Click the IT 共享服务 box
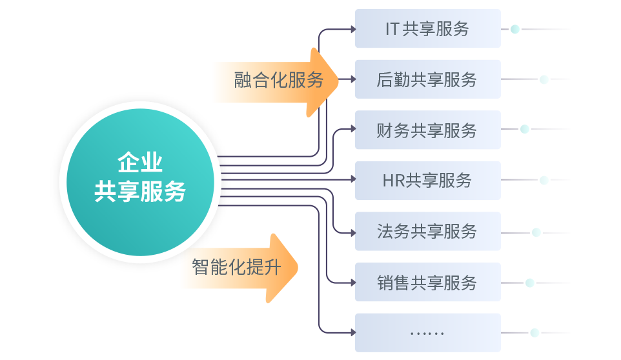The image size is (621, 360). point(427,29)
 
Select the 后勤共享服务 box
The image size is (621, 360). point(427,79)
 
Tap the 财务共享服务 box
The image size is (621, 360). point(427,130)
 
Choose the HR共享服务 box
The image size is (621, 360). point(427,180)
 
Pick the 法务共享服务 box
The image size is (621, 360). point(427,231)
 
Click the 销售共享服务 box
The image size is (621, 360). point(427,282)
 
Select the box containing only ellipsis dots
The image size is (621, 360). point(427,332)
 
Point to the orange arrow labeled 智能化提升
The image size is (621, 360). point(239,267)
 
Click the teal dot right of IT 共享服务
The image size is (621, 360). point(515,29)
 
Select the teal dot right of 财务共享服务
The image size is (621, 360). point(525,130)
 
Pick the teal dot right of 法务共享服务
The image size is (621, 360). point(536,232)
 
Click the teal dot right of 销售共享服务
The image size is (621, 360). point(530,282)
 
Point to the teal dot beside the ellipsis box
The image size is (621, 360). point(534,332)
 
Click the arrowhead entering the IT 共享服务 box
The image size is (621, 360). point(352,29)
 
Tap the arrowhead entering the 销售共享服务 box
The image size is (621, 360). point(352,282)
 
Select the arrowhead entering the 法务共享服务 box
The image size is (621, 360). point(352,231)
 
